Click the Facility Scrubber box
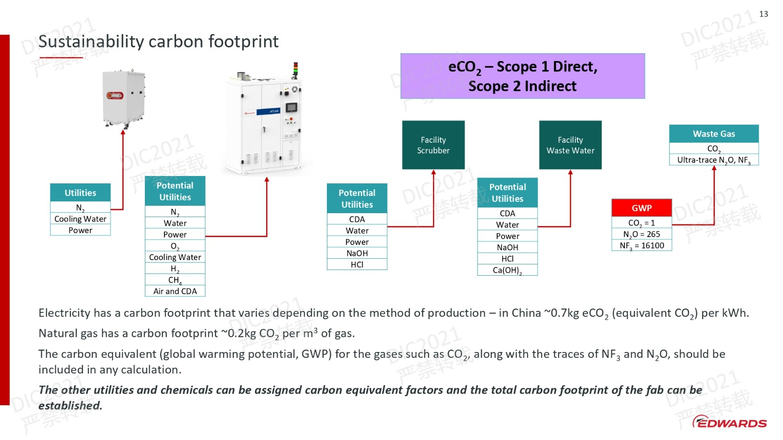[433, 145]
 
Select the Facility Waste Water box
[570, 145]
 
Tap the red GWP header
[641, 208]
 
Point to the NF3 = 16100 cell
[641, 245]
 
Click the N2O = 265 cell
[641, 234]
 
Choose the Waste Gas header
[714, 133]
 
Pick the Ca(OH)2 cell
[507, 270]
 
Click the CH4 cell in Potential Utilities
[175, 280]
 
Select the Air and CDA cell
[175, 291]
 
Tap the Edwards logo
[730, 422]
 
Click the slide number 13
[763, 14]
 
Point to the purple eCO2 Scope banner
[522, 76]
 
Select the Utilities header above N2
[80, 193]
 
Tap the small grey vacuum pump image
[123, 98]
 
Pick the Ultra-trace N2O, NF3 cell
[714, 160]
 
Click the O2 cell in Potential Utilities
[175, 246]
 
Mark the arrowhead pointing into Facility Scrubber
[434, 172]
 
